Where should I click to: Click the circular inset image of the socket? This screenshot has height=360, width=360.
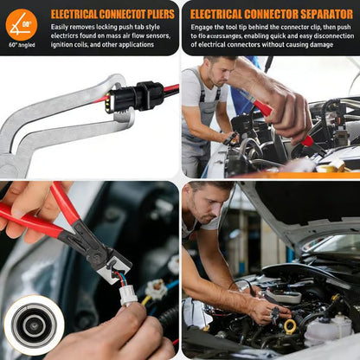pos(34,325)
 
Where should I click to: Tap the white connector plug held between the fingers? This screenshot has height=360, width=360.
pos(128,294)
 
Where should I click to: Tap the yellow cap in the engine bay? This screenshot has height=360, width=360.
pos(290,326)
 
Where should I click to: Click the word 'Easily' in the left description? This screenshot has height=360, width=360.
pos(61,28)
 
